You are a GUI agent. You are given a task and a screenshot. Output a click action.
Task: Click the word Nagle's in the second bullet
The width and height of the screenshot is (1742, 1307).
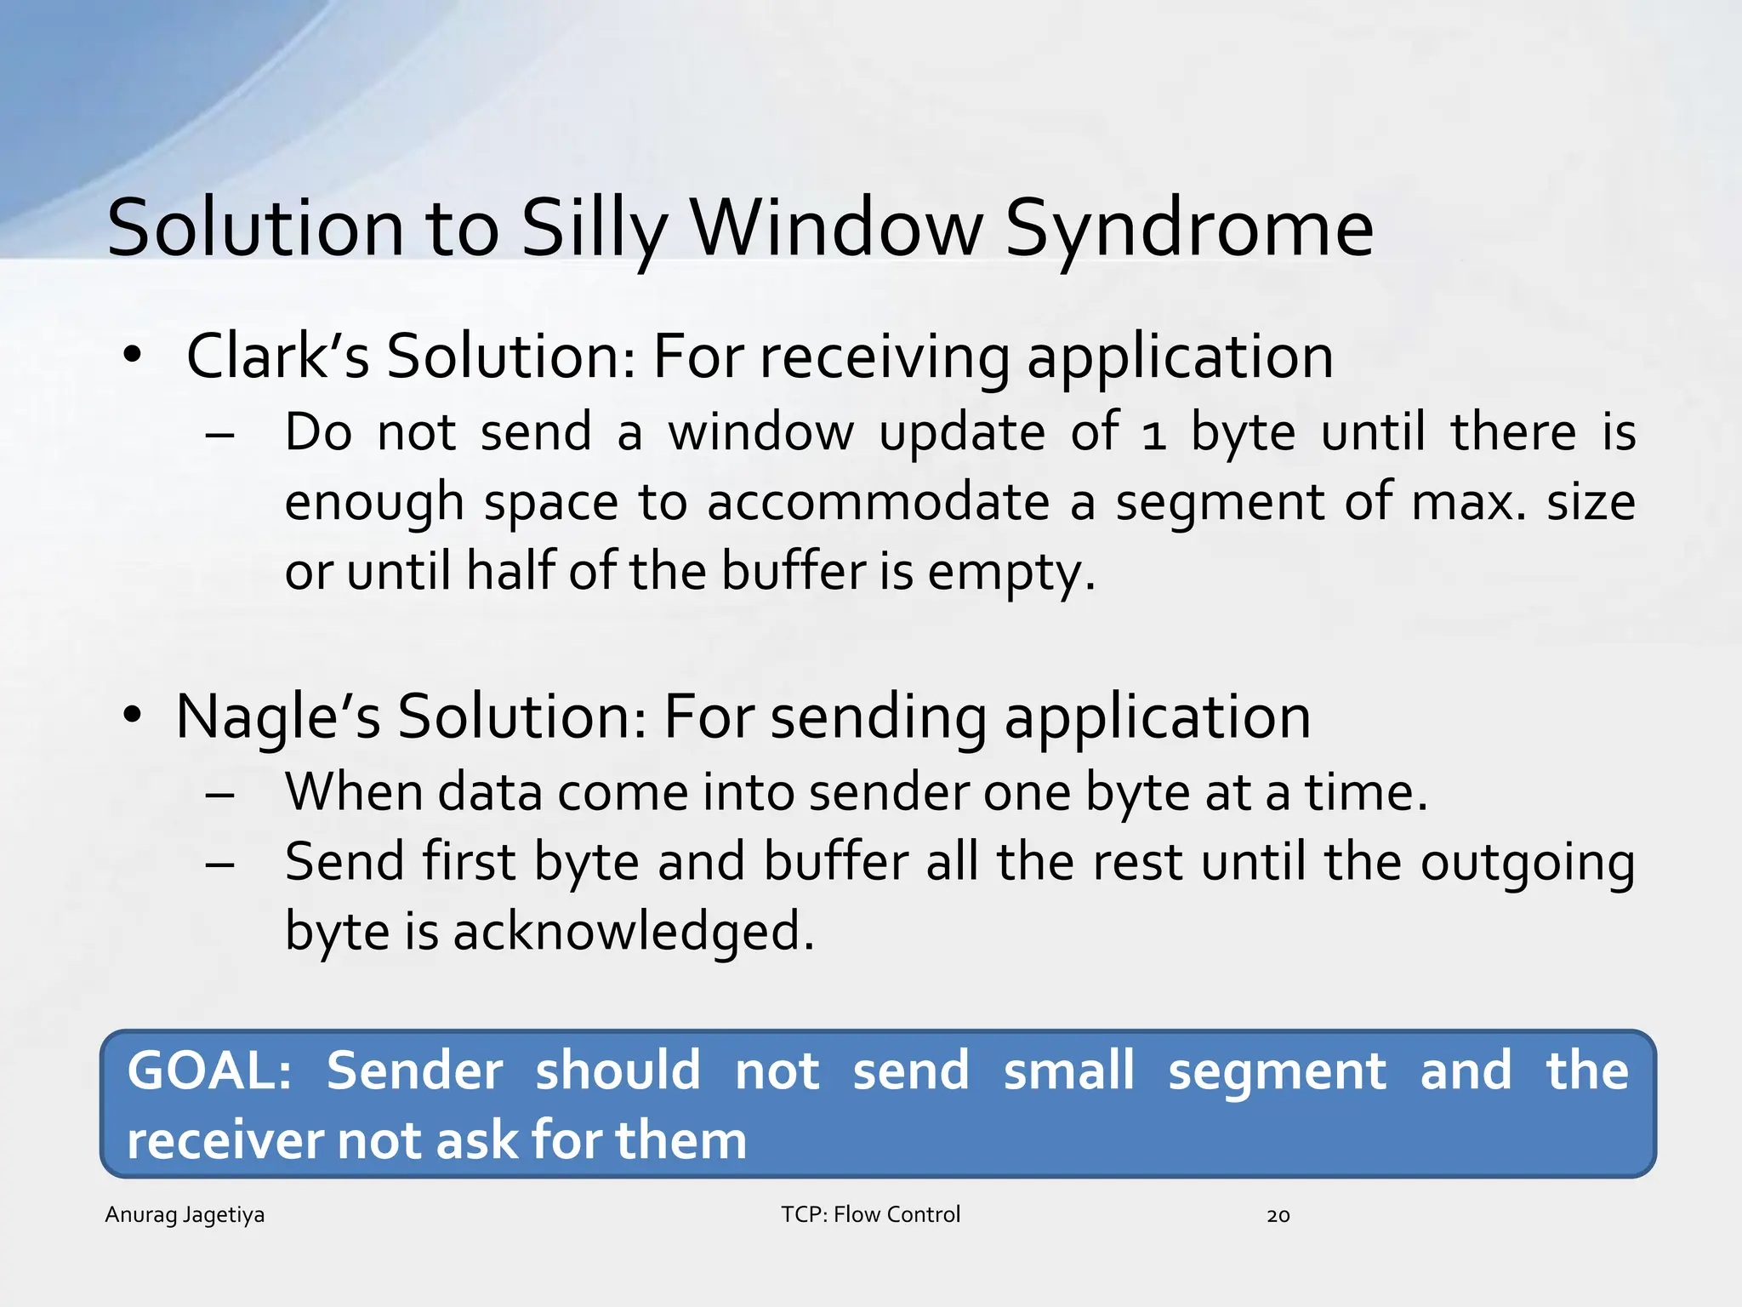click(x=277, y=716)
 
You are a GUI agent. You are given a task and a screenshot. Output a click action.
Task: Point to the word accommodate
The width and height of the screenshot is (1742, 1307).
click(x=878, y=502)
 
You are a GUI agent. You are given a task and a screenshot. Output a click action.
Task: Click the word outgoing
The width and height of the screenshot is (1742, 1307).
click(x=1528, y=863)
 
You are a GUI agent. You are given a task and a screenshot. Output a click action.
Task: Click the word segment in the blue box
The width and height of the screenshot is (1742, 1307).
click(x=1277, y=1072)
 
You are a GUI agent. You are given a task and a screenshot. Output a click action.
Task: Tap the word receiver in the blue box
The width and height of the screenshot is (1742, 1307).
click(x=224, y=1140)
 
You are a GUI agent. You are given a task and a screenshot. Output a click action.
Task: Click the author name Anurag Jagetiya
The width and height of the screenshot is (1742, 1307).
click(x=185, y=1214)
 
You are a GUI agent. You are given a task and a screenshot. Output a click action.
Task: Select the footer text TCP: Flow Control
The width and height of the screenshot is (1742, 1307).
click(x=870, y=1214)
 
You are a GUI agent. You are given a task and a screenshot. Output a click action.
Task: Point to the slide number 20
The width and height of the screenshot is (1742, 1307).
click(x=1278, y=1216)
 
